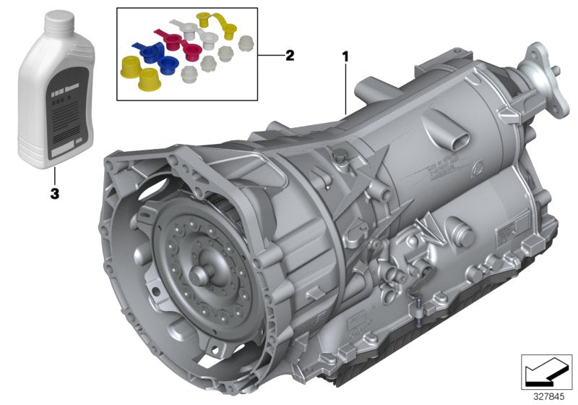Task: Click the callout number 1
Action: click(x=345, y=55)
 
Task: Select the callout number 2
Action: click(x=290, y=55)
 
